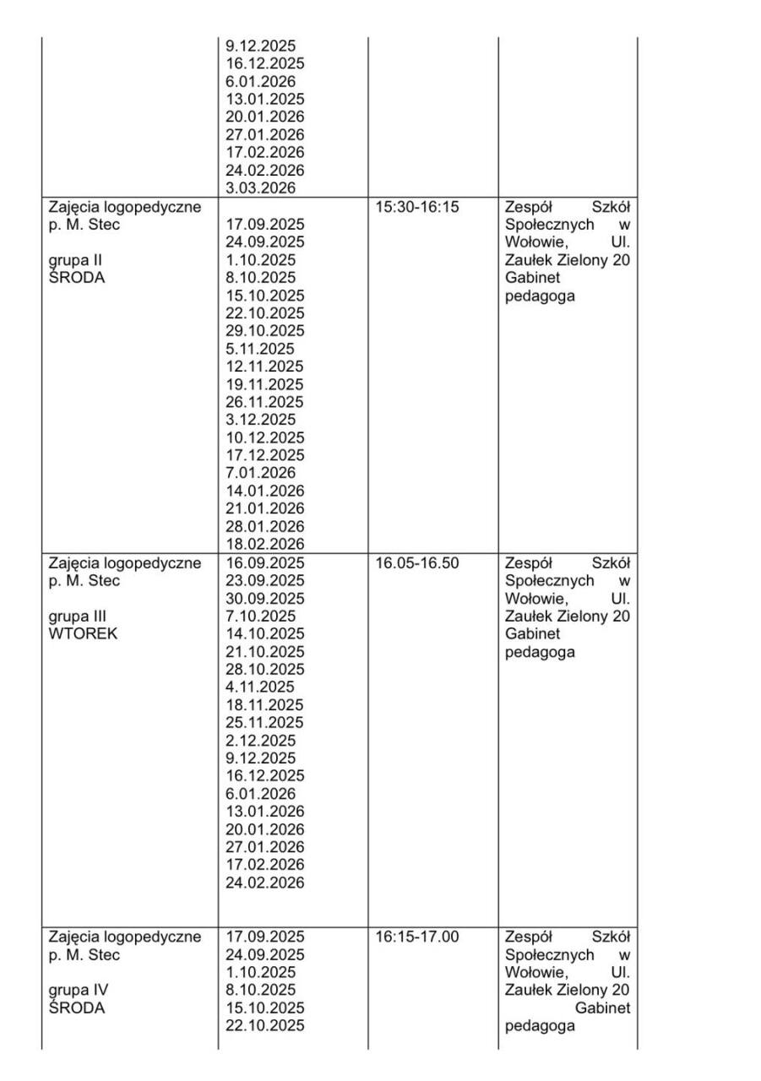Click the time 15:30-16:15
[417, 207]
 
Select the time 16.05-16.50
[417, 563]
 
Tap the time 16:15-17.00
[417, 937]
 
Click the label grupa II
[76, 260]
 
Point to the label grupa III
[78, 617]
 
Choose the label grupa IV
[79, 990]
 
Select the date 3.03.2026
[261, 188]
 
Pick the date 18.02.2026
[265, 545]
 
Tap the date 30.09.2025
[265, 599]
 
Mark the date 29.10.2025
[265, 331]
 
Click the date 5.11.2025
[261, 349]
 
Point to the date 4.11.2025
[261, 687]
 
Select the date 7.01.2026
[261, 473]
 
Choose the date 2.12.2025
[261, 741]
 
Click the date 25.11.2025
[265, 723]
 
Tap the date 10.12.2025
[265, 437]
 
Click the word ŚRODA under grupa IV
[77, 1008]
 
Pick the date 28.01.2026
[265, 527]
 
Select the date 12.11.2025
[265, 367]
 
